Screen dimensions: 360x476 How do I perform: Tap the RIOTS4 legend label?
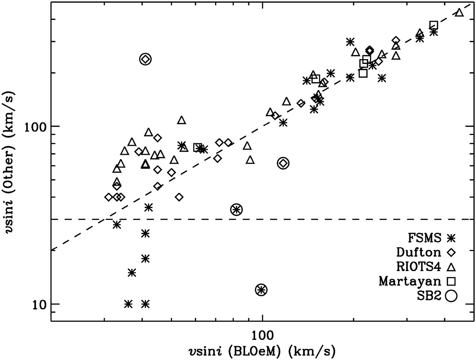(x=420, y=266)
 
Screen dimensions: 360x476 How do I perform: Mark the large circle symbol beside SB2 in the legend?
(x=451, y=295)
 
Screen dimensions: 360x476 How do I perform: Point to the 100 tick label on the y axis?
(x=36, y=126)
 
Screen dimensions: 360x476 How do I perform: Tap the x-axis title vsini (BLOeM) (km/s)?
(x=262, y=350)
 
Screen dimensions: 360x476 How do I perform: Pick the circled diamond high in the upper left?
(x=146, y=59)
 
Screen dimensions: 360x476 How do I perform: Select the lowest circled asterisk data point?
(x=261, y=290)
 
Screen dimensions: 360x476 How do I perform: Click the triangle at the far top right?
(x=459, y=12)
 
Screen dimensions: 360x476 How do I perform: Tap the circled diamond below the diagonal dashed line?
(x=283, y=163)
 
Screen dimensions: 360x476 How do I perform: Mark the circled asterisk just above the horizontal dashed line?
(x=236, y=210)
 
